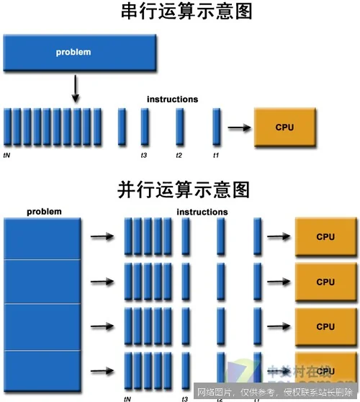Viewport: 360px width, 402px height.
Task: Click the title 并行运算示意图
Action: [x=183, y=190]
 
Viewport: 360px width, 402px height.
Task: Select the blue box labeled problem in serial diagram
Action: [x=80, y=52]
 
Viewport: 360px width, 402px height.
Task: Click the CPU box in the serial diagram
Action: [x=284, y=128]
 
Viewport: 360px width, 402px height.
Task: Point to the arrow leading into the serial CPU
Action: [x=240, y=128]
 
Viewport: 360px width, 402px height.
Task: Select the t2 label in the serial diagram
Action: [x=179, y=155]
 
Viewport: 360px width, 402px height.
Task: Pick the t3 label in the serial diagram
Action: [x=143, y=155]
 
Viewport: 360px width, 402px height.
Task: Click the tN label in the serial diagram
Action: [x=6, y=155]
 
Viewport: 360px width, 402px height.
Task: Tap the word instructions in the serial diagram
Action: [x=172, y=99]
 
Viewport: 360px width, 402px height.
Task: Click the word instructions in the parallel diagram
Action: [x=202, y=212]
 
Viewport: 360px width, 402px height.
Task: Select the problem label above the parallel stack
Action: [x=44, y=212]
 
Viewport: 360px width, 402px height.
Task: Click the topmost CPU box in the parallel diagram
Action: [x=325, y=236]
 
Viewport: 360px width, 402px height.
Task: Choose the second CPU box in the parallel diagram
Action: [x=325, y=282]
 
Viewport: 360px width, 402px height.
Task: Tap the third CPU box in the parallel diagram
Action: [x=325, y=326]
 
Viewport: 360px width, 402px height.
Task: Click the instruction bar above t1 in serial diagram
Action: [x=216, y=128]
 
